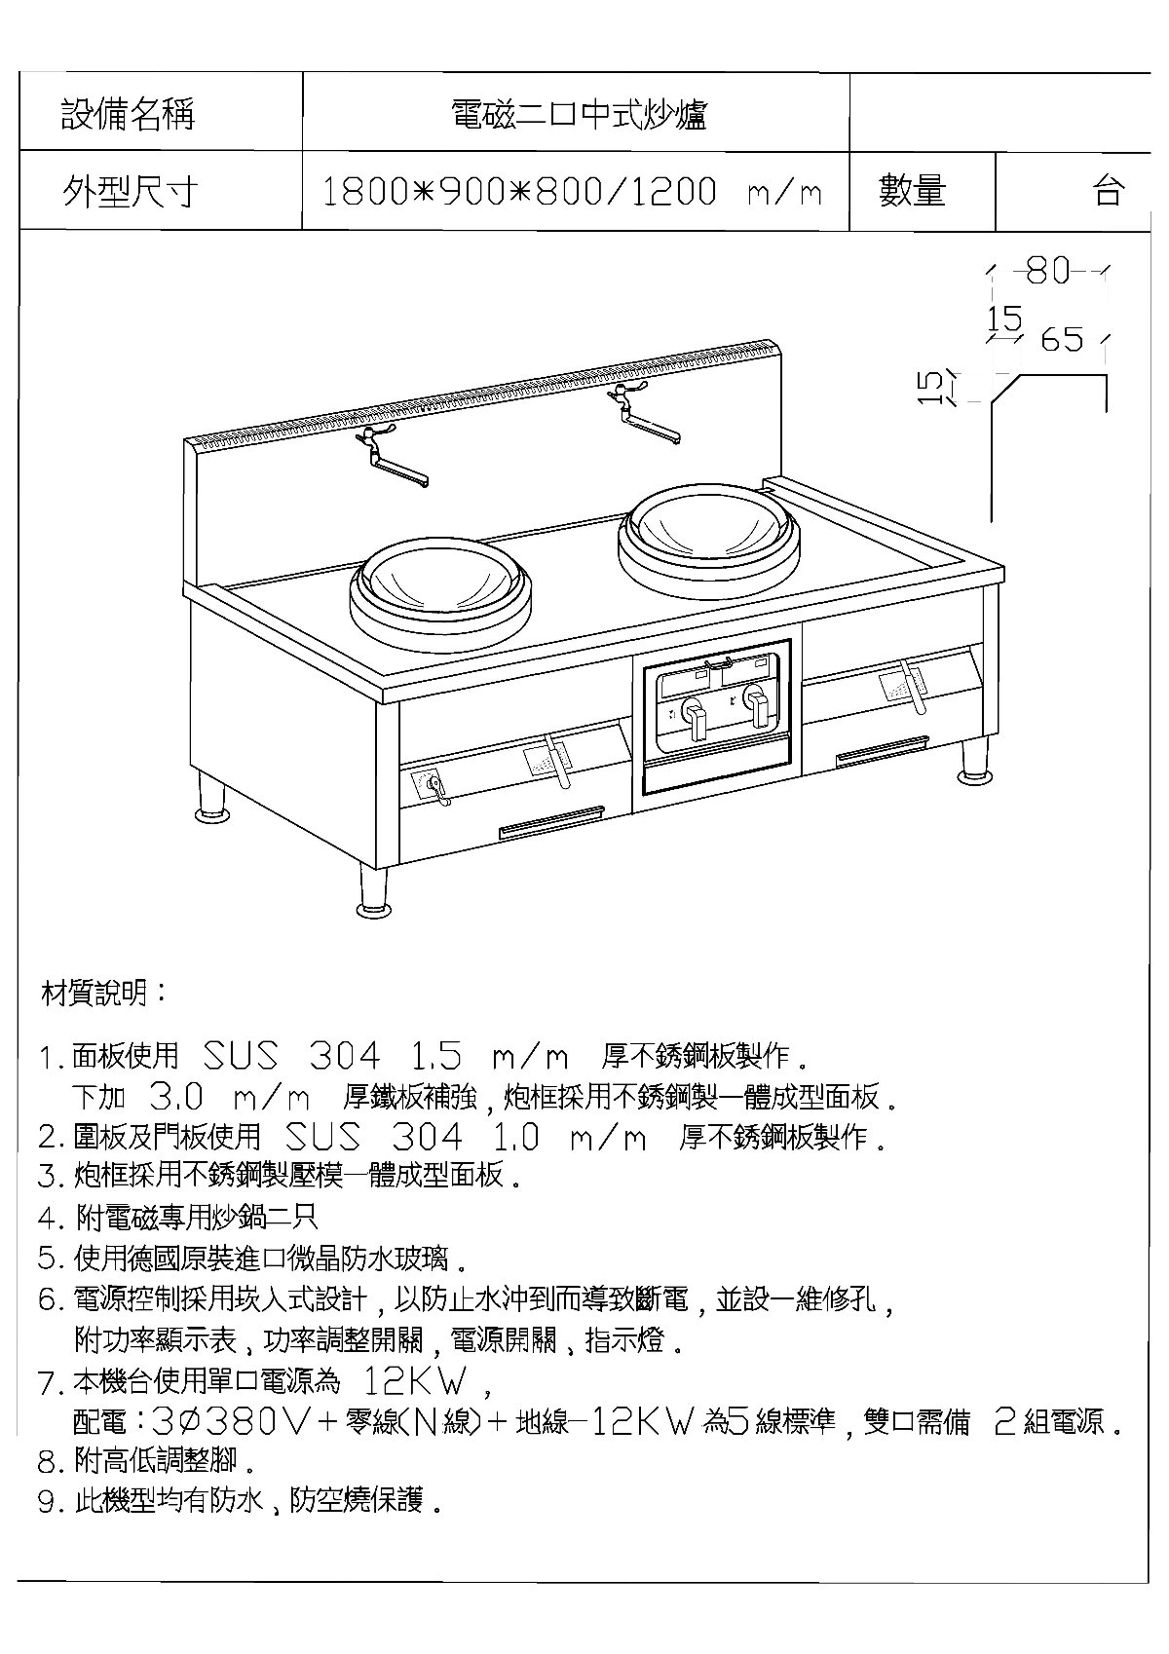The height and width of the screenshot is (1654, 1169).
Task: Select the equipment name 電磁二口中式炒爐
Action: click(579, 115)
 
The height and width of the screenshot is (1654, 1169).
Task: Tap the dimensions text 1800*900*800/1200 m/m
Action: click(572, 192)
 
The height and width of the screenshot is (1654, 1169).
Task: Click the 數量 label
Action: click(912, 191)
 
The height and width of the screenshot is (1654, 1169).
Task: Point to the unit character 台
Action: click(1109, 191)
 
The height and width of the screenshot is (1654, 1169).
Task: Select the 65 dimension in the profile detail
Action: click(1062, 340)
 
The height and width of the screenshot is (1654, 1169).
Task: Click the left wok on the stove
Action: click(441, 590)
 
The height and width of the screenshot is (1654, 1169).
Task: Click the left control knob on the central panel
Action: click(695, 716)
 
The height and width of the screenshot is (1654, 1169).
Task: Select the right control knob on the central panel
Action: click(757, 702)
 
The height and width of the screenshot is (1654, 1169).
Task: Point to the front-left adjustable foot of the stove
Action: click(374, 892)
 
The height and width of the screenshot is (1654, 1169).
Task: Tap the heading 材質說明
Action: click(104, 994)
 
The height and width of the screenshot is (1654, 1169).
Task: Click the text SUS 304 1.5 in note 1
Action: click(332, 1056)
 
